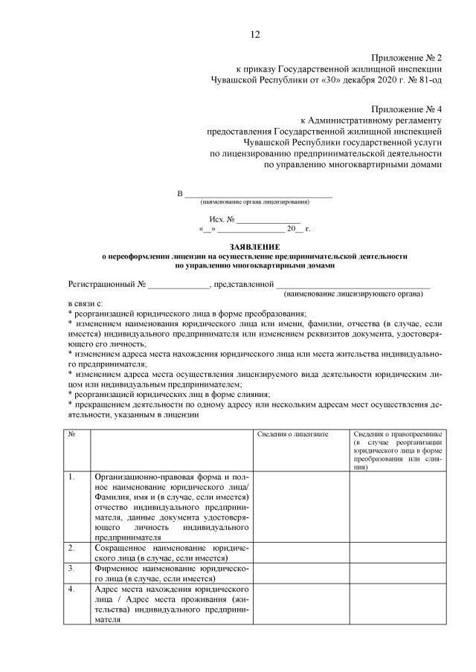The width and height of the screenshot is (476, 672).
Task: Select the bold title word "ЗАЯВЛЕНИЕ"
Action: point(255,246)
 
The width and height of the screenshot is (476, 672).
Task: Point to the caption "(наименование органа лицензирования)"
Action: point(255,202)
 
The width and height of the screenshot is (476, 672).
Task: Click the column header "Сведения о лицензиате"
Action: point(292,433)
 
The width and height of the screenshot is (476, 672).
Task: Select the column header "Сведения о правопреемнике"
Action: point(398,433)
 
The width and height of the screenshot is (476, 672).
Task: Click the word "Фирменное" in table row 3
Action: point(119,568)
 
